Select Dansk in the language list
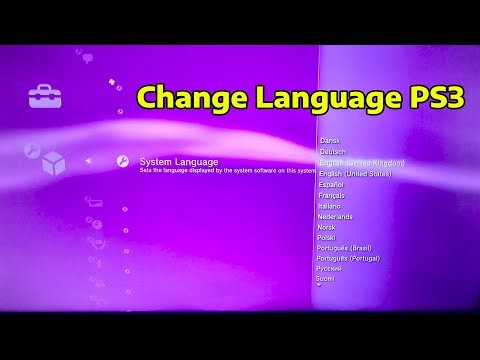click(x=329, y=141)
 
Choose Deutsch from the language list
click(x=333, y=151)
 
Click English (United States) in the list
click(x=355, y=173)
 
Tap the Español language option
click(x=332, y=184)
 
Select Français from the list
click(x=333, y=195)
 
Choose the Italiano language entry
click(x=331, y=206)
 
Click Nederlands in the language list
click(x=335, y=216)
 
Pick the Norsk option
click(x=327, y=227)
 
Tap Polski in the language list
click(x=327, y=238)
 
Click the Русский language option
click(x=330, y=269)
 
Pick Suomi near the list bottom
click(x=327, y=279)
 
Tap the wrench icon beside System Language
click(x=122, y=161)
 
